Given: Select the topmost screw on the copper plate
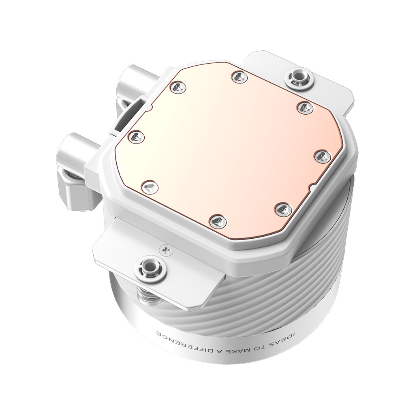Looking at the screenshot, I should point(238,76).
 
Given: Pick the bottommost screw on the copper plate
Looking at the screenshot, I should point(216,221).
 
